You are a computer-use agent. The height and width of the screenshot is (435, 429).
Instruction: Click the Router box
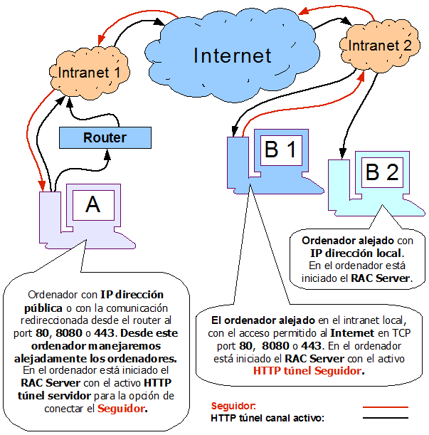coord(105,137)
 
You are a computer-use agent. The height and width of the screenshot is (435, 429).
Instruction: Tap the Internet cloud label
coord(233,56)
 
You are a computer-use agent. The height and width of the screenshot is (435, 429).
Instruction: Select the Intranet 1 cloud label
coord(90,73)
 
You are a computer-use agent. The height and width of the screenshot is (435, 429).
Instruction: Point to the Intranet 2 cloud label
coord(380,46)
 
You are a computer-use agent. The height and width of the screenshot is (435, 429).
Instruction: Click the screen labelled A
coord(93,205)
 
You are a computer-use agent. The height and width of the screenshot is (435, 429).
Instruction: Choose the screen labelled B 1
coord(281,150)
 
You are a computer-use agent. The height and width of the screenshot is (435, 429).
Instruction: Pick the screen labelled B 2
coord(383,172)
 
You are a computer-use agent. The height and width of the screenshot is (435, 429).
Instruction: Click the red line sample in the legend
coord(386,407)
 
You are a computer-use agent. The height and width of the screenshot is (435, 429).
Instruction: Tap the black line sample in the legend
coord(386,418)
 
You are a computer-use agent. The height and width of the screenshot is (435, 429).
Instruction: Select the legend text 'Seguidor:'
coord(233,406)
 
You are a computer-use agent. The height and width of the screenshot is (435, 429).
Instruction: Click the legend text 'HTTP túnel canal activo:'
coord(268,418)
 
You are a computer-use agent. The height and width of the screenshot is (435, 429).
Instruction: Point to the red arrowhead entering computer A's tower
coord(41,185)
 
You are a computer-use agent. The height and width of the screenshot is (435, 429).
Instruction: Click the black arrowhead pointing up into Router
coord(107,154)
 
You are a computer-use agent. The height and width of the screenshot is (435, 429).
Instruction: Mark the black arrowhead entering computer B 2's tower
coord(343,153)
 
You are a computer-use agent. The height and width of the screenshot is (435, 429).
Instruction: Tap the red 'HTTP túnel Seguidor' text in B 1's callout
coord(307,371)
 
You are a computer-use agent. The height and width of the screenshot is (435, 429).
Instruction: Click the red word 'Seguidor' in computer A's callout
coord(121,409)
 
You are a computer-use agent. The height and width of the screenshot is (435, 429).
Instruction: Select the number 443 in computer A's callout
coord(104,333)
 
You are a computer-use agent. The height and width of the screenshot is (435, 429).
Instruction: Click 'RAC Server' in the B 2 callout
coord(380,278)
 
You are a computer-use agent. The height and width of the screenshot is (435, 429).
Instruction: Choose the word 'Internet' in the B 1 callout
coord(352,333)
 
